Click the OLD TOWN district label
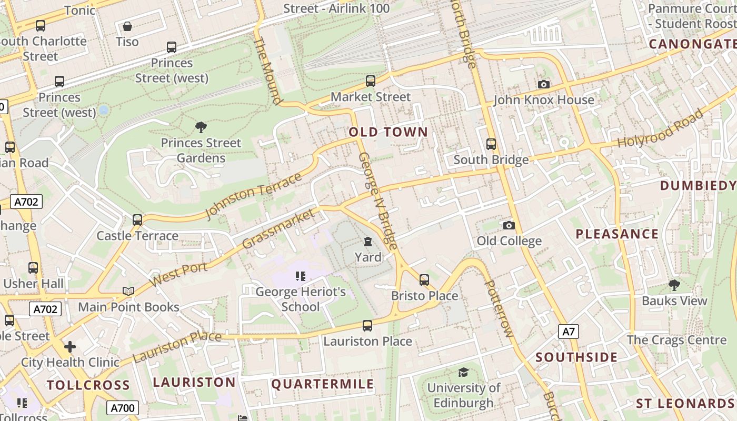[389, 132]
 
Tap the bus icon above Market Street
[371, 81]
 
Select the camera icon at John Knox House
[544, 84]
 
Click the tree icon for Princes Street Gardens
[201, 127]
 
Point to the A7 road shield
[569, 332]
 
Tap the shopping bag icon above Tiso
[127, 26]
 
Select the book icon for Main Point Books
[128, 291]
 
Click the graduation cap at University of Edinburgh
[463, 373]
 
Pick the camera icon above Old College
[509, 226]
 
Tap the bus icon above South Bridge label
[491, 144]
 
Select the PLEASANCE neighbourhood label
[617, 234]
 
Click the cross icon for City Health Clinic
[70, 347]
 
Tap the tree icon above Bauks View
[674, 285]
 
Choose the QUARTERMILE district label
[322, 384]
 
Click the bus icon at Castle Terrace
[137, 220]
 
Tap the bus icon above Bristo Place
[424, 280]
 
